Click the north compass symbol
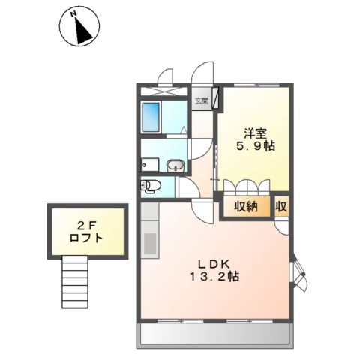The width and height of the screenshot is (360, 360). pyautogui.click(x=80, y=28)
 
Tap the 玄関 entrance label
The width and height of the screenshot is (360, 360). pyautogui.click(x=201, y=100)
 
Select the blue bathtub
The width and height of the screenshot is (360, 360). pyautogui.click(x=151, y=118)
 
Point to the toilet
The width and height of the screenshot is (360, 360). pyautogui.click(x=148, y=185)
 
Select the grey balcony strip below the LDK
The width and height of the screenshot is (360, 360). pyautogui.click(x=214, y=334)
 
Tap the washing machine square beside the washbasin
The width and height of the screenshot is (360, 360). pyautogui.click(x=148, y=165)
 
